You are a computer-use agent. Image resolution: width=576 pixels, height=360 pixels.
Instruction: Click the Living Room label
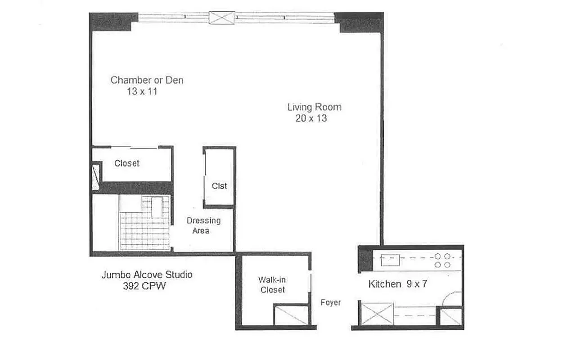point(314,107)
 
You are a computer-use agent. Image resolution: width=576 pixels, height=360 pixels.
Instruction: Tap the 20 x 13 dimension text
point(310,119)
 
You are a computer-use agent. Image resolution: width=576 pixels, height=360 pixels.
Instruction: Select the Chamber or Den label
point(147,80)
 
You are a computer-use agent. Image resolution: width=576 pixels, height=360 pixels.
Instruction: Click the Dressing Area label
point(203,225)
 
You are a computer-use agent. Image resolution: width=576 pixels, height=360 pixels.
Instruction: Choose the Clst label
point(220,186)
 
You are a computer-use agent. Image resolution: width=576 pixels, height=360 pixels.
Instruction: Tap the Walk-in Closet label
point(272,285)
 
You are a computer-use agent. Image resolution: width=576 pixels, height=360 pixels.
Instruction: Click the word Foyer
point(330,303)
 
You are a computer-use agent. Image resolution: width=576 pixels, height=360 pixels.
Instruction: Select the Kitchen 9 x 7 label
point(397,284)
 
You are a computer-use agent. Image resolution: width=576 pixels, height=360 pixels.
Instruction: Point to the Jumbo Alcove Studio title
point(147,274)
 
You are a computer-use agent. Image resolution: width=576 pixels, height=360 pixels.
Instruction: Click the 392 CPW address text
point(144,286)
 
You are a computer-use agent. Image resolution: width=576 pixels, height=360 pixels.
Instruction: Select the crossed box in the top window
point(222,18)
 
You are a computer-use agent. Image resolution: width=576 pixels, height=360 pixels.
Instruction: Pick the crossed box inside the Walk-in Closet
point(291,315)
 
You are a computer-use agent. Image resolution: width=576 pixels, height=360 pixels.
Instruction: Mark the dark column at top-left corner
point(113,21)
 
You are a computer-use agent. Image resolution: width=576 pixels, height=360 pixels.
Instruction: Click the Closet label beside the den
point(127,163)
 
